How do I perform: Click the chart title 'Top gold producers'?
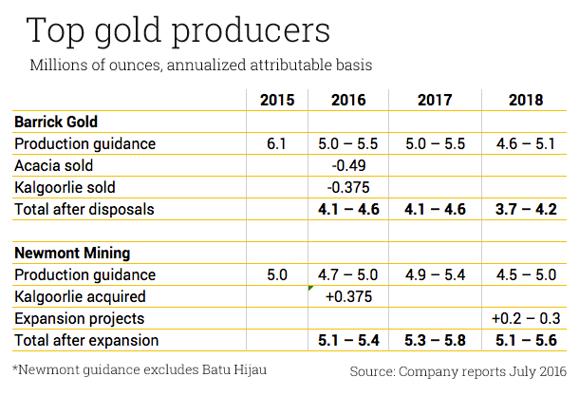pos(178,30)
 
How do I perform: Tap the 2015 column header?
pos(277,100)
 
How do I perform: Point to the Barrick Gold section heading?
pos(56,123)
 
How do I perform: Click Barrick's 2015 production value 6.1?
pos(277,144)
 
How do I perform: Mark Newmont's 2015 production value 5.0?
pos(277,275)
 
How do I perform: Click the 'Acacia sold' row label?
pos(53,165)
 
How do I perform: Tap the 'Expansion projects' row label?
pos(79,318)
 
